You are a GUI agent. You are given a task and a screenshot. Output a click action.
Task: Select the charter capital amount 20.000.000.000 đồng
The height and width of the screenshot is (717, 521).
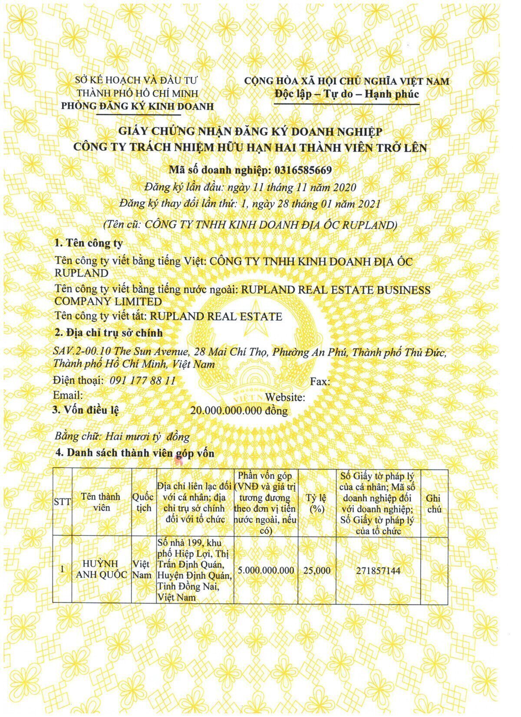pos(239,410)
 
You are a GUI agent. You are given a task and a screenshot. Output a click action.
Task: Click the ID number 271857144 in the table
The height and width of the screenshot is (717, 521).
pos(378,570)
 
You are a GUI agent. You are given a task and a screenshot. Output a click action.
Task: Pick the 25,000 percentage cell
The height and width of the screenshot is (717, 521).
pos(317,570)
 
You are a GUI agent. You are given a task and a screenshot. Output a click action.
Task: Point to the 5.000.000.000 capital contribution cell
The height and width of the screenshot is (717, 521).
pos(266,570)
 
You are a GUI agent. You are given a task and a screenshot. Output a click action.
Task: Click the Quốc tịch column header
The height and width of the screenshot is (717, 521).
pos(143,502)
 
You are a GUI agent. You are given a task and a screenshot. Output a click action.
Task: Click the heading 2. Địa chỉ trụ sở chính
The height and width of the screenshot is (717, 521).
pos(108,333)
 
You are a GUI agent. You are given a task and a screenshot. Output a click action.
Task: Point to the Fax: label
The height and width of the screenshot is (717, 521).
pos(320,382)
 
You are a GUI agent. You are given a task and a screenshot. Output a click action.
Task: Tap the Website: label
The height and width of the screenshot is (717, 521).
pos(285,397)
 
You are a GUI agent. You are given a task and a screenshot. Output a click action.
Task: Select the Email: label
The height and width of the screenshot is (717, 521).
pos(68,395)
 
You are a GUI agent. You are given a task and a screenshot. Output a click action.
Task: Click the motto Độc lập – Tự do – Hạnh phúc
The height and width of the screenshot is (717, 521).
pos(346,94)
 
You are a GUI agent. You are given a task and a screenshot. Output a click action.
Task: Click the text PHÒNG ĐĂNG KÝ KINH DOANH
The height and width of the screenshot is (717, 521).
pos(137,106)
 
